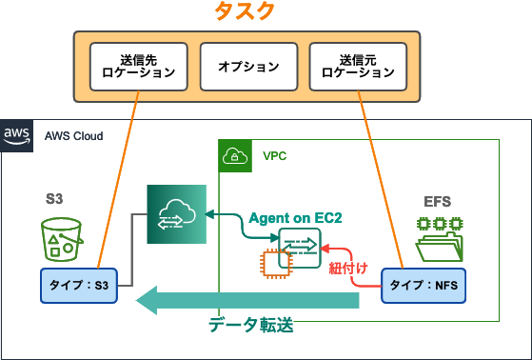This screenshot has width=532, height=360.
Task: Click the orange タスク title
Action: pos(266,12)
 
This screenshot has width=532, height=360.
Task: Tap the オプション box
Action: pos(247,67)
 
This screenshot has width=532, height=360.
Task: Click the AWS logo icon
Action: pos(18,134)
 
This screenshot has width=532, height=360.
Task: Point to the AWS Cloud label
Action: pos(74,135)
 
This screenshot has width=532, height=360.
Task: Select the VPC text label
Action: pos(274,155)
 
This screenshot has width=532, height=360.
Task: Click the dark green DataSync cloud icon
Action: pos(177,215)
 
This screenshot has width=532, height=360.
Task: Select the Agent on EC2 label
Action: pos(295,218)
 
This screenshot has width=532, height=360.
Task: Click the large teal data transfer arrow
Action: pos(247,302)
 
